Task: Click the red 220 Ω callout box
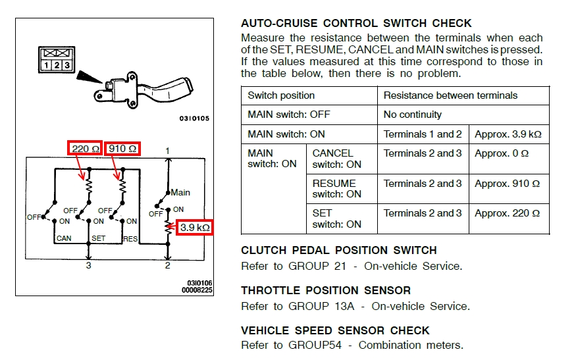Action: (x=84, y=149)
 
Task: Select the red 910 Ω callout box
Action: (x=122, y=149)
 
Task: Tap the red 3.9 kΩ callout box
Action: (x=195, y=228)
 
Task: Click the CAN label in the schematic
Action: (x=64, y=238)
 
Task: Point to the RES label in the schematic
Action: (x=130, y=238)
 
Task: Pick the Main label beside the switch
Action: (x=180, y=192)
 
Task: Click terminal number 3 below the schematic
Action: (x=88, y=266)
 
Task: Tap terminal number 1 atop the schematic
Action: (x=168, y=151)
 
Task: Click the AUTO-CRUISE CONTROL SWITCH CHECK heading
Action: (x=356, y=24)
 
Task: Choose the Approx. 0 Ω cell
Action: (x=502, y=153)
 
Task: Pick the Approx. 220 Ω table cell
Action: (x=508, y=213)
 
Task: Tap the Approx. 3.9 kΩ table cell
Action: (x=508, y=134)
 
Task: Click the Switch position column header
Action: (x=281, y=95)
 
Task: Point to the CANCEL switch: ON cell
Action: (x=336, y=159)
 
